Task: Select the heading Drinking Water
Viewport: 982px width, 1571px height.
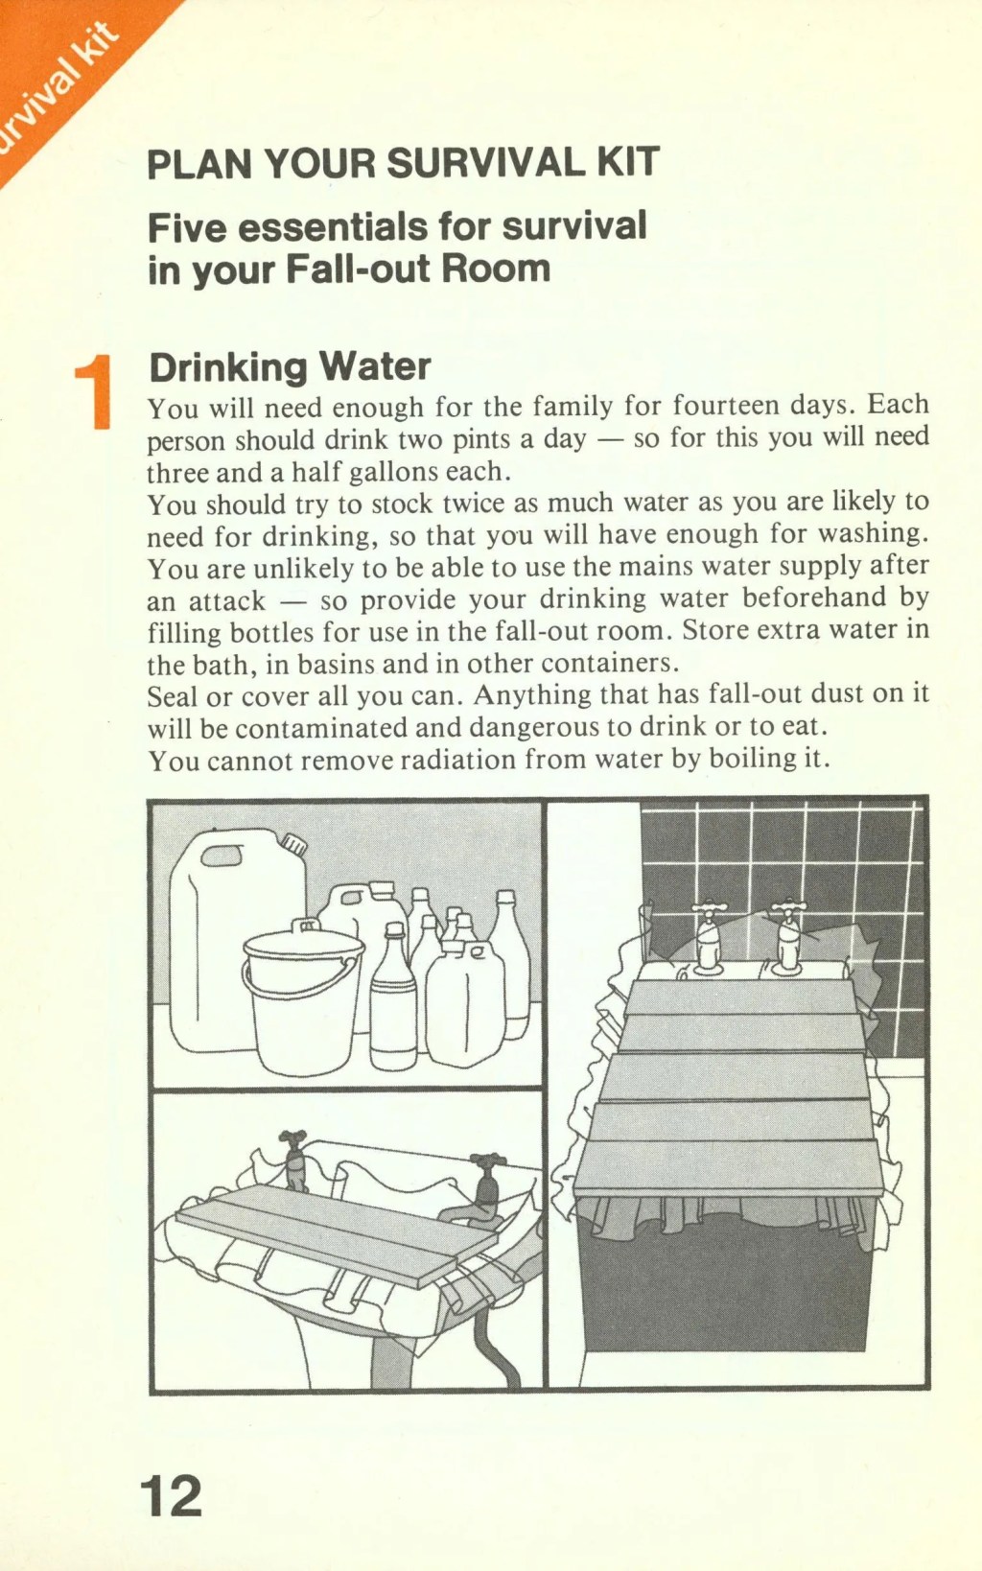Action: click(x=289, y=366)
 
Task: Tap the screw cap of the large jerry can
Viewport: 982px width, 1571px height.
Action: click(x=293, y=844)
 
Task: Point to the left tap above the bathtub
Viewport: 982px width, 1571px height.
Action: click(x=709, y=936)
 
